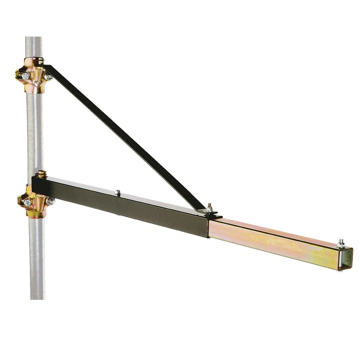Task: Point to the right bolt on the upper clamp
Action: pyautogui.click(x=48, y=77)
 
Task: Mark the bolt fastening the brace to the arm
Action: pyautogui.click(x=209, y=207)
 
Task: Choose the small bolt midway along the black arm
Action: pyautogui.click(x=117, y=193)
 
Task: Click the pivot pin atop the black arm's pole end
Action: pyautogui.click(x=41, y=173)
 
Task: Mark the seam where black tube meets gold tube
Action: pyautogui.click(x=208, y=227)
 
